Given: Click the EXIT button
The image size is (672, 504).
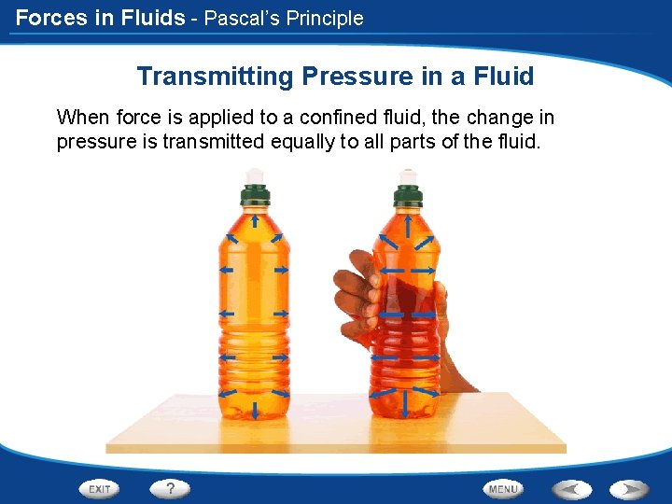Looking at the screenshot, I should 99,488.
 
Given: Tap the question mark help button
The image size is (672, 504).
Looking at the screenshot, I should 170,488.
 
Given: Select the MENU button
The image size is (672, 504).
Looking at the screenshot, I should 503,488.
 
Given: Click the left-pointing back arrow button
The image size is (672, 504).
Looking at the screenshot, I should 570,488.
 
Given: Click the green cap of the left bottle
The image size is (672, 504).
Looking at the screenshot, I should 254,195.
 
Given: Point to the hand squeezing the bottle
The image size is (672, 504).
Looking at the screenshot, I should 359,289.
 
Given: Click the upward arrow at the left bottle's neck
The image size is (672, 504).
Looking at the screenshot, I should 254,221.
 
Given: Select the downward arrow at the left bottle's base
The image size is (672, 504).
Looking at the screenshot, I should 254,408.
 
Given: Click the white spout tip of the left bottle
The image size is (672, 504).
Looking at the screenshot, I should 253,175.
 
